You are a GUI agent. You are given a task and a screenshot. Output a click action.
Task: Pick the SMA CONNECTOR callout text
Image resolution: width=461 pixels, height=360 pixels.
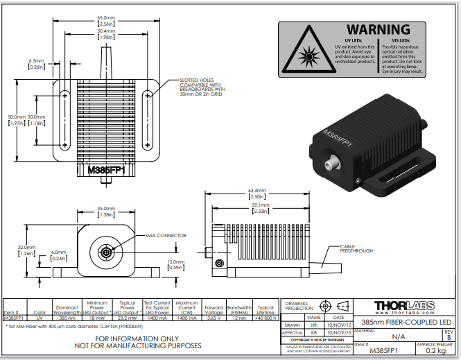165,236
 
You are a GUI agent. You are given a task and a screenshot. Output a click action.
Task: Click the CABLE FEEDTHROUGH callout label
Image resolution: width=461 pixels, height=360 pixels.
356,248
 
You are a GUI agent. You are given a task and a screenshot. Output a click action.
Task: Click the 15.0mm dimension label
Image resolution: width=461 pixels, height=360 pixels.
176,264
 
